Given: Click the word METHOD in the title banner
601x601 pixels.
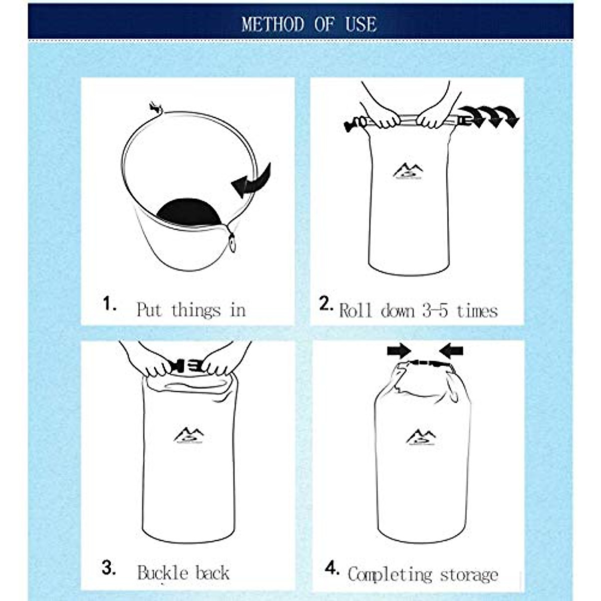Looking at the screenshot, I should coord(272,24).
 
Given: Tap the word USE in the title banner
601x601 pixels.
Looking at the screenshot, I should coord(361,24).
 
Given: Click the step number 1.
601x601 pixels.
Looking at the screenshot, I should coord(109,304).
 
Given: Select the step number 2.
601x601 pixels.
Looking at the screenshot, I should coord(326,304).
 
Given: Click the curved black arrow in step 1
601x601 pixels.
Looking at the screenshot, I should coord(252,181).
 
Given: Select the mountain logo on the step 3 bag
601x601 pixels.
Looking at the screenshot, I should coord(188,435).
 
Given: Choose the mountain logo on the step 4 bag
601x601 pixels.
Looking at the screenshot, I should coord(420,437).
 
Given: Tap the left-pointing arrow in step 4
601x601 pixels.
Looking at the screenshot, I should coord(451,350).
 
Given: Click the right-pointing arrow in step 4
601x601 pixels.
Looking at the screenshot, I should coord(399,351).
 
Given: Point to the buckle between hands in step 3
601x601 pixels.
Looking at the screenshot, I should coord(186,366).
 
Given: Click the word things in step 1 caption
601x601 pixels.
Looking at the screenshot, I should coord(196,310).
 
